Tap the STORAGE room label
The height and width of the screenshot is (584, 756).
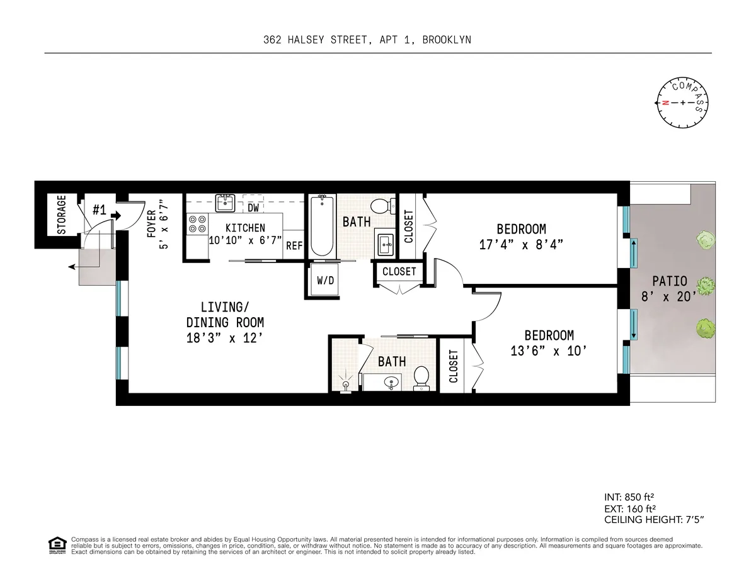pos(62,215)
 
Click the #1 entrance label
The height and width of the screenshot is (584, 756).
pos(99,210)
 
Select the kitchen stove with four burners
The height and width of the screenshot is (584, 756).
pos(197,225)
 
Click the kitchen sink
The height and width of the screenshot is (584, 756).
pos(224,202)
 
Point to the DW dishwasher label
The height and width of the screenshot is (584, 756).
pos(253,207)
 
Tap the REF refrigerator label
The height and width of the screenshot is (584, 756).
pos(294,246)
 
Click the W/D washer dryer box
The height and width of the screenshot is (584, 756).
pos(325,281)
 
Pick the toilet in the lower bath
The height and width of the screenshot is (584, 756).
pos(421,379)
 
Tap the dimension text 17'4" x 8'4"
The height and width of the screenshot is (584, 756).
pos(521,244)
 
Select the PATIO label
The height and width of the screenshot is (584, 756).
pos(670,281)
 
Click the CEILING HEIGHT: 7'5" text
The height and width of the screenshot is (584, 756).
pos(653,520)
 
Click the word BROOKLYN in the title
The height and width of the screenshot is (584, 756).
pos(447,40)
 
